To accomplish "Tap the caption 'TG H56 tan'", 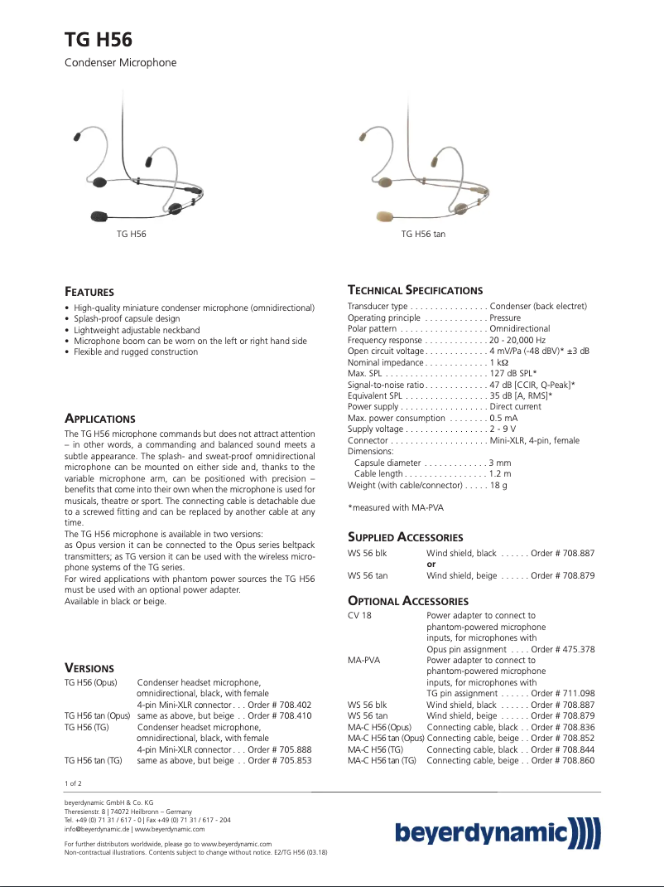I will click(423, 235).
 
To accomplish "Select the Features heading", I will click(89, 292).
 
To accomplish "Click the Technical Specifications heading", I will click(415, 290).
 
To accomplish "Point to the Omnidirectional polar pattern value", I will click(520, 329).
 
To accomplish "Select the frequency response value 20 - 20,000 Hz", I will click(517, 341).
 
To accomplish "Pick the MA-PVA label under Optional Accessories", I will click(363, 661).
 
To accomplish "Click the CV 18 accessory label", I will click(359, 616).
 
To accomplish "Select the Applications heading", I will click(99, 419).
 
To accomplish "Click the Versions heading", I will click(89, 667).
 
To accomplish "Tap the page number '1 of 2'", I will click(73, 783).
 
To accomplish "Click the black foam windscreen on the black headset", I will click(99, 216).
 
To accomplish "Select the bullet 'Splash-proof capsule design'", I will click(126, 318).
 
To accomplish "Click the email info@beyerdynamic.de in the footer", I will click(97, 828).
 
